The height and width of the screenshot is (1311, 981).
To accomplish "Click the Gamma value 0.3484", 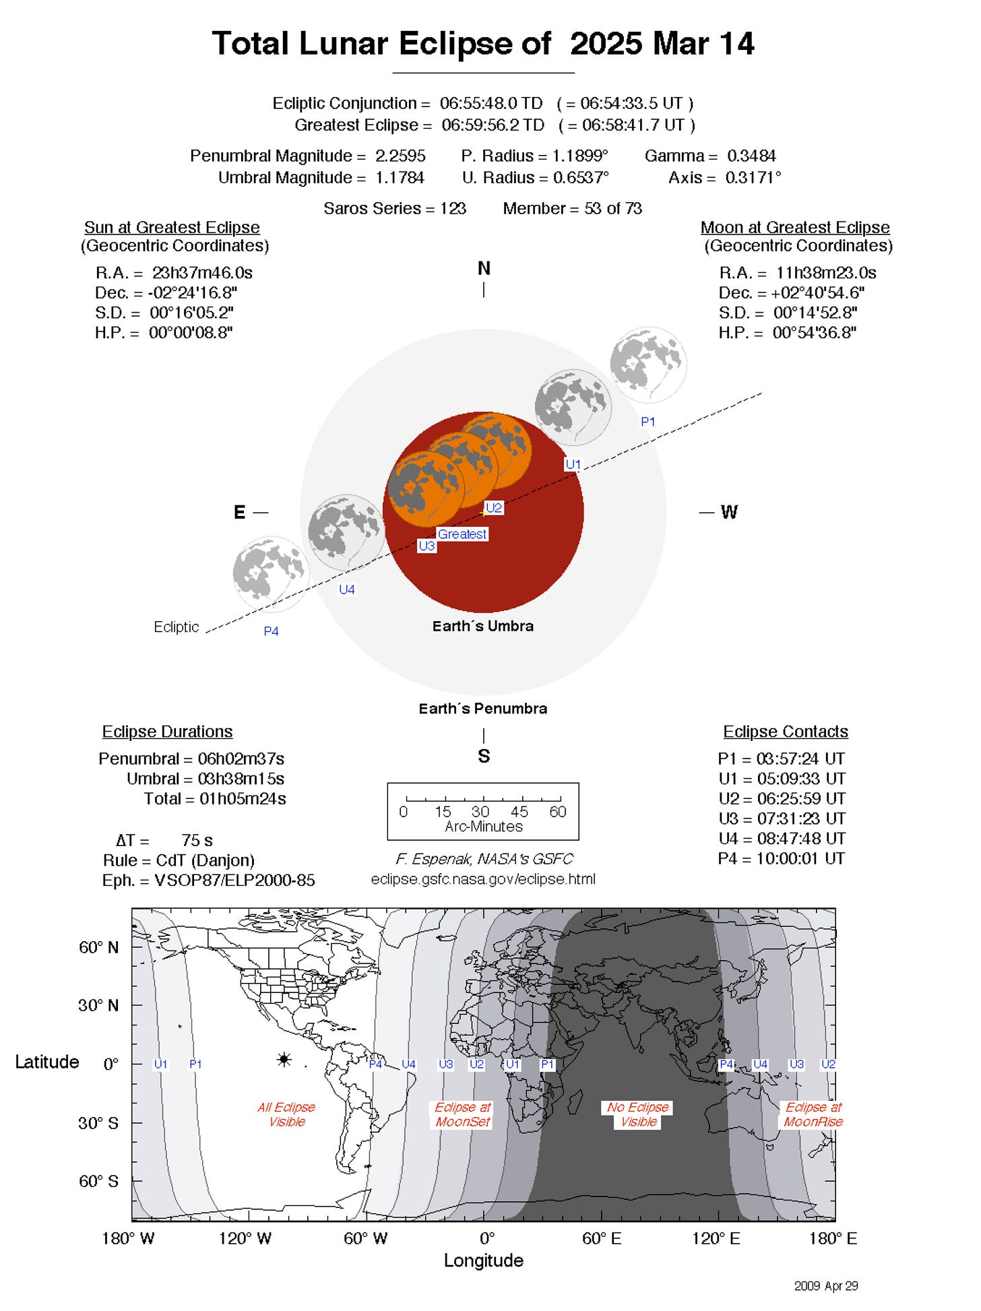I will point(751,156).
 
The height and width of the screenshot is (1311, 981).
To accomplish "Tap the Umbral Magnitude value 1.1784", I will point(400,177).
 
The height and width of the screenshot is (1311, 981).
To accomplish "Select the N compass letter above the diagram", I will point(484,268).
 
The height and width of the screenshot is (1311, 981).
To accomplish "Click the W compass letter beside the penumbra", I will point(729,512).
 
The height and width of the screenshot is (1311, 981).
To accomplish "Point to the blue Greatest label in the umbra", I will point(462,534).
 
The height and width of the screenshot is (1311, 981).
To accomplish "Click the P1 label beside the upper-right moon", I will point(647,422).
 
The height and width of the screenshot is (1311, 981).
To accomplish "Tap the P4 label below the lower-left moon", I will point(271,631).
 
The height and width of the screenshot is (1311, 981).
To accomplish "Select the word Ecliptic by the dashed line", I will point(177,627).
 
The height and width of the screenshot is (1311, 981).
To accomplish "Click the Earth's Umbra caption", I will point(483,626).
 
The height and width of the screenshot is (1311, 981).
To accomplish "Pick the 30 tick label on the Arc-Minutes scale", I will point(480,812).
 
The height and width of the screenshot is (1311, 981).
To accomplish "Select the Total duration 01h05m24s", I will point(243,799).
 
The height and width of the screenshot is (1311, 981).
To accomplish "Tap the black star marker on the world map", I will point(284,1060).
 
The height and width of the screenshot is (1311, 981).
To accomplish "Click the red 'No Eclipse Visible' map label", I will point(638,1114).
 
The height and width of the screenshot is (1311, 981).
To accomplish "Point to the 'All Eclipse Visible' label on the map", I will point(286,1114).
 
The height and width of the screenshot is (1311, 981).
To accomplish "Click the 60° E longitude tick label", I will point(602,1239).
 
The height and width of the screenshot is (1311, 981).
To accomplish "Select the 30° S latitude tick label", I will point(98,1123).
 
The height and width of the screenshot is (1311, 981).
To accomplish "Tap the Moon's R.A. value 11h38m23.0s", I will point(826,273).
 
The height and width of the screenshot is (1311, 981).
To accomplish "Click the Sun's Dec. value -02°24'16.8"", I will point(193,293).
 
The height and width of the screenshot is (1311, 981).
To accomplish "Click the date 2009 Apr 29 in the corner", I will point(826,1286).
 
